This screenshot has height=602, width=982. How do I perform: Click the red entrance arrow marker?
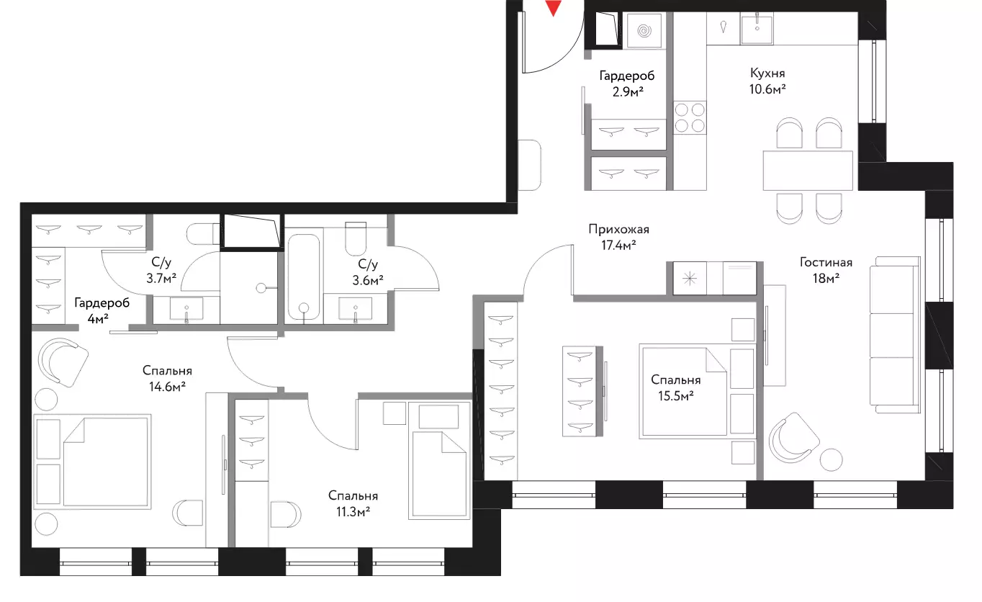point(554,7)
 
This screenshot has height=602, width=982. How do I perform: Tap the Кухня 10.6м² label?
point(767,81)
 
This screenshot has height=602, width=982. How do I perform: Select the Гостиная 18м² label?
point(826,270)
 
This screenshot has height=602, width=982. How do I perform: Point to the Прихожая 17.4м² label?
point(618,237)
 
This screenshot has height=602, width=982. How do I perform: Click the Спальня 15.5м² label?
point(675,387)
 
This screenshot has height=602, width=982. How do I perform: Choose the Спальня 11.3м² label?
point(353,504)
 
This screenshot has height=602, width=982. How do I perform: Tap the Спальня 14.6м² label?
point(167,378)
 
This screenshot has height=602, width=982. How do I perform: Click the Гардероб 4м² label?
point(102,310)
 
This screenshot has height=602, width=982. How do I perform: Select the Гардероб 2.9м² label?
point(627,84)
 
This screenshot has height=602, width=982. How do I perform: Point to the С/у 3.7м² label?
point(161,270)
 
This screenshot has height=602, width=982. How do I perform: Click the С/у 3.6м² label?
point(368,272)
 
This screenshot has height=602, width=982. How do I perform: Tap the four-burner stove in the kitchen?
point(690,117)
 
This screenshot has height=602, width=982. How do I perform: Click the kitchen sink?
point(757,28)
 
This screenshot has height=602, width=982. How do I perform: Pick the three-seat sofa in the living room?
point(895,335)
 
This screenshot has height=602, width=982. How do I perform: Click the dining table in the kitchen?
point(808,171)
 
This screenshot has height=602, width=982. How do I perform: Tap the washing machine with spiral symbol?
point(644,30)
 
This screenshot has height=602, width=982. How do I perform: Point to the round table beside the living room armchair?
point(830,460)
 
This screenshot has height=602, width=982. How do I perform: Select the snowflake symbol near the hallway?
point(690,279)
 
